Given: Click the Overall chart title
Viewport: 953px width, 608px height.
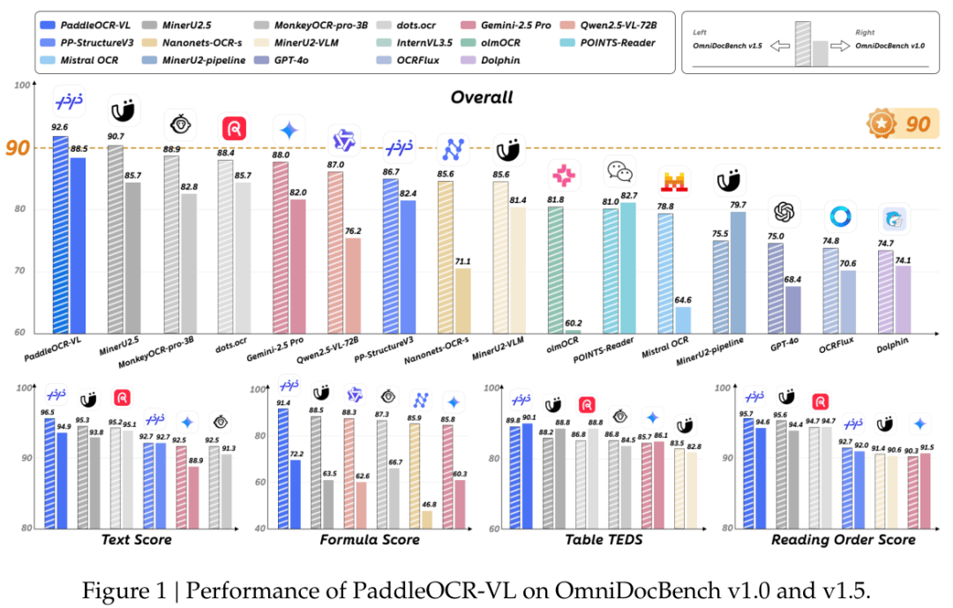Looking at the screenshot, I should pyautogui.click(x=482, y=97).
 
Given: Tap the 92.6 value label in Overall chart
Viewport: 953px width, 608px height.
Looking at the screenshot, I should pyautogui.click(x=59, y=127).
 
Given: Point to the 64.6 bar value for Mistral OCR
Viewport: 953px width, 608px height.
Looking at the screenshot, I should pyautogui.click(x=682, y=299).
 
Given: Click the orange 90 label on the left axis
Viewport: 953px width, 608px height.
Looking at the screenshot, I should pyautogui.click(x=17, y=147).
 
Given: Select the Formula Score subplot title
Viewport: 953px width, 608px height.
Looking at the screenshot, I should pyautogui.click(x=368, y=539).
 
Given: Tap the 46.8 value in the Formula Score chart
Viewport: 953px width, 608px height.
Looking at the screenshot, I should pyautogui.click(x=427, y=504).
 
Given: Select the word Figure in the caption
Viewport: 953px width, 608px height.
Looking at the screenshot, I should pyautogui.click(x=110, y=589).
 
